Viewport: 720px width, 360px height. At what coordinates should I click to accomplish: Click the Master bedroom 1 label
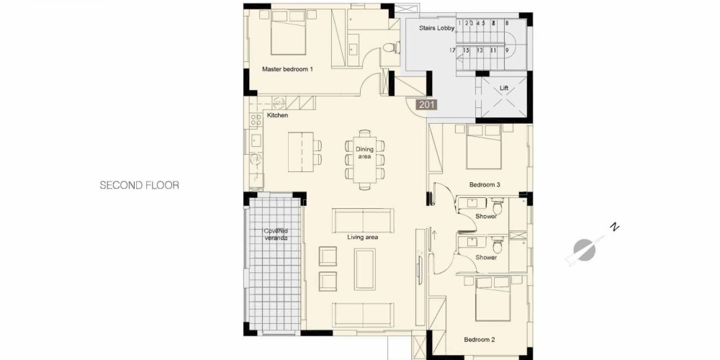[287, 69]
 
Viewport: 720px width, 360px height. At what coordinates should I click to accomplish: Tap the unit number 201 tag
[426, 104]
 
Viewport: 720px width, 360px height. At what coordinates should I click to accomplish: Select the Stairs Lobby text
[436, 28]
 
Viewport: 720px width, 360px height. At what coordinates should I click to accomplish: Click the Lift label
[504, 88]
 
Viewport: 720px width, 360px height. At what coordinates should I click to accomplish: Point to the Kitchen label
[277, 115]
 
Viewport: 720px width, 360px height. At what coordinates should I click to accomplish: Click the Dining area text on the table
[364, 153]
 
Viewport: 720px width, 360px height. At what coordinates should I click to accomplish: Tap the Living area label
[362, 238]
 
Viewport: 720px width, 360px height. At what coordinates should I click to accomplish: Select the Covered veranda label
[276, 235]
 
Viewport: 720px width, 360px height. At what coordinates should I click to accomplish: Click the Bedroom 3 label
[485, 184]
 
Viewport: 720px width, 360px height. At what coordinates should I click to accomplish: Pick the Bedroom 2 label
[480, 340]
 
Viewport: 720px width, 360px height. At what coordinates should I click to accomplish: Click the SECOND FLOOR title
[140, 186]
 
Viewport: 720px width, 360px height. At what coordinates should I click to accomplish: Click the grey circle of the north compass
[584, 251]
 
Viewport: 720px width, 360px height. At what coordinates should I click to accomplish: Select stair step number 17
[452, 50]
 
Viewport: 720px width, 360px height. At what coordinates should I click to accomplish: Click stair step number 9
[508, 50]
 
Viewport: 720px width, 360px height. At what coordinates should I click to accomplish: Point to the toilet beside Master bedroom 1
[390, 48]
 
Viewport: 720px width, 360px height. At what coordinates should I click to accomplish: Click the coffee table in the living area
[364, 269]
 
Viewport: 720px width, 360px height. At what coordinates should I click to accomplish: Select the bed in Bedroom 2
[492, 299]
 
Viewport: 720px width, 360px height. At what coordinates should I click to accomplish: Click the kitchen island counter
[301, 152]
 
